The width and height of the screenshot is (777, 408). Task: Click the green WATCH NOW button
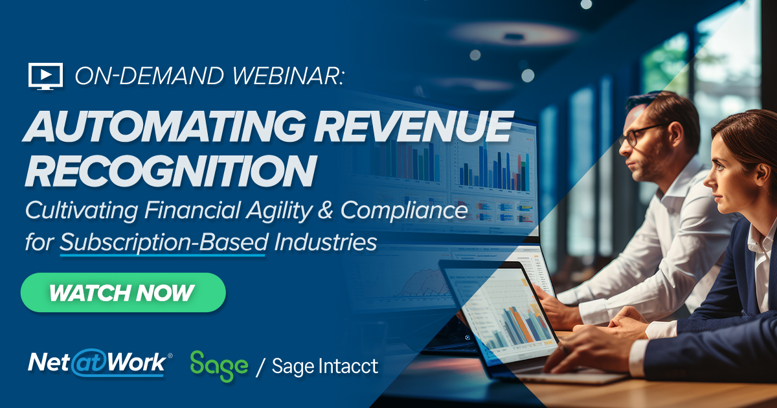click(123, 293)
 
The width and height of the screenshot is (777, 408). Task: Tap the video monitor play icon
click(45, 76)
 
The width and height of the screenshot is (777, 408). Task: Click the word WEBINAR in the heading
click(287, 76)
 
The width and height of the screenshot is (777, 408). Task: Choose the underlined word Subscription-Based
click(164, 242)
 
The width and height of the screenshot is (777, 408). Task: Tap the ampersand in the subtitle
click(325, 210)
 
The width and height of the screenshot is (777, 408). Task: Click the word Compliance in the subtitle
click(404, 211)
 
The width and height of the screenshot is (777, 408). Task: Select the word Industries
click(325, 242)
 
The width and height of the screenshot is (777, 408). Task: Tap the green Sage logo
click(220, 367)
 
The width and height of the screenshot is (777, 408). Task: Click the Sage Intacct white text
click(325, 366)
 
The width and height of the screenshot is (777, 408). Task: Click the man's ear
click(674, 136)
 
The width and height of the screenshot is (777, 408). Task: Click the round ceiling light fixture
click(513, 34)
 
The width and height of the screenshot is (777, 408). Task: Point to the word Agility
click(279, 211)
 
